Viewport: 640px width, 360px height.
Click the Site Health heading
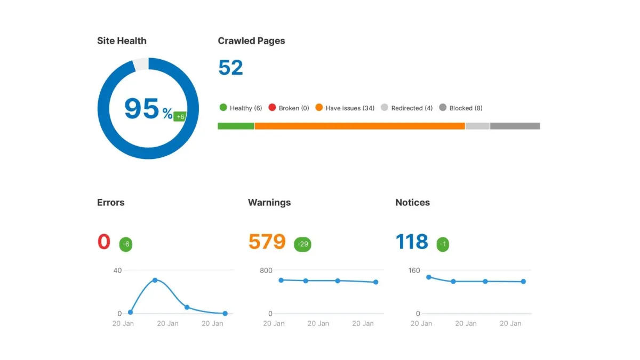(122, 41)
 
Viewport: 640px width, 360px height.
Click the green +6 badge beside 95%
(180, 116)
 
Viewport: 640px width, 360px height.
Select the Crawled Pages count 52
(230, 68)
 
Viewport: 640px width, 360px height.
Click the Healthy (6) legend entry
(241, 108)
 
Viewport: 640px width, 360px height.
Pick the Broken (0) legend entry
(289, 108)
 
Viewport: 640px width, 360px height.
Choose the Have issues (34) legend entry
(345, 108)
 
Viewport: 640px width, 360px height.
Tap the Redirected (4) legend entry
(406, 108)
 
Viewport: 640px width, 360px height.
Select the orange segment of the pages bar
(360, 126)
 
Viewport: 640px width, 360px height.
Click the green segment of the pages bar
(236, 126)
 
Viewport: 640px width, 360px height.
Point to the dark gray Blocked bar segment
(515, 126)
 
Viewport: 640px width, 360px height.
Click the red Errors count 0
(104, 242)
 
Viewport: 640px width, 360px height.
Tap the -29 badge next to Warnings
(302, 244)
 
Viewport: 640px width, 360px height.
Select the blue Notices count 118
(412, 242)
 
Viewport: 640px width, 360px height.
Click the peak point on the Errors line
(155, 280)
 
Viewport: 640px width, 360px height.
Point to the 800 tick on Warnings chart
(266, 270)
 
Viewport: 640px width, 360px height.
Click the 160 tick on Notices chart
(414, 270)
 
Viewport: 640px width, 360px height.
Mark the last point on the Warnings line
(375, 282)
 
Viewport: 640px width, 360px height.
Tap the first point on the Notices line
(428, 277)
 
